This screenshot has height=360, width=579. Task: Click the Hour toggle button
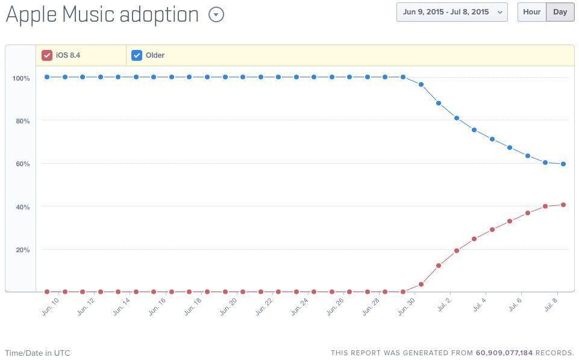coord(531,12)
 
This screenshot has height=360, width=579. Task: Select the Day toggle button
coord(560,12)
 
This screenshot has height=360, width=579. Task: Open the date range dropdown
coord(452,12)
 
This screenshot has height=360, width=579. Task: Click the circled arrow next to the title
coord(216,15)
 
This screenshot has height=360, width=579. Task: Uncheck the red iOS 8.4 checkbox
coord(47,55)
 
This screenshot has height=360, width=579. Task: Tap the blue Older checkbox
coord(137,55)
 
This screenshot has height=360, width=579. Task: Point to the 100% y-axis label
coord(21,78)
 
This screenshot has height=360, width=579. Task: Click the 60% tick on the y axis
coord(22,164)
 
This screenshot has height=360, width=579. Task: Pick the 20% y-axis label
coord(22,250)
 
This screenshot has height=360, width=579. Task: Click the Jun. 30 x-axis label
coord(407,307)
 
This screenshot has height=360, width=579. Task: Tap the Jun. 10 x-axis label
coord(51,307)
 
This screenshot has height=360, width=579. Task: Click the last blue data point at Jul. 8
coord(563,164)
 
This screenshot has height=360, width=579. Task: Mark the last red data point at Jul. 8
coord(563,205)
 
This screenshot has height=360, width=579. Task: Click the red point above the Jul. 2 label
coord(457,250)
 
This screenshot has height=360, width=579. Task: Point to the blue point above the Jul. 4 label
coord(492,139)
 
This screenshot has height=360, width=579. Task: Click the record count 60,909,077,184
coord(504,353)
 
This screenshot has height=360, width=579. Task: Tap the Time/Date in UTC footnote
coord(37,353)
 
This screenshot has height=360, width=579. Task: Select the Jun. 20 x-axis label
coord(228,307)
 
